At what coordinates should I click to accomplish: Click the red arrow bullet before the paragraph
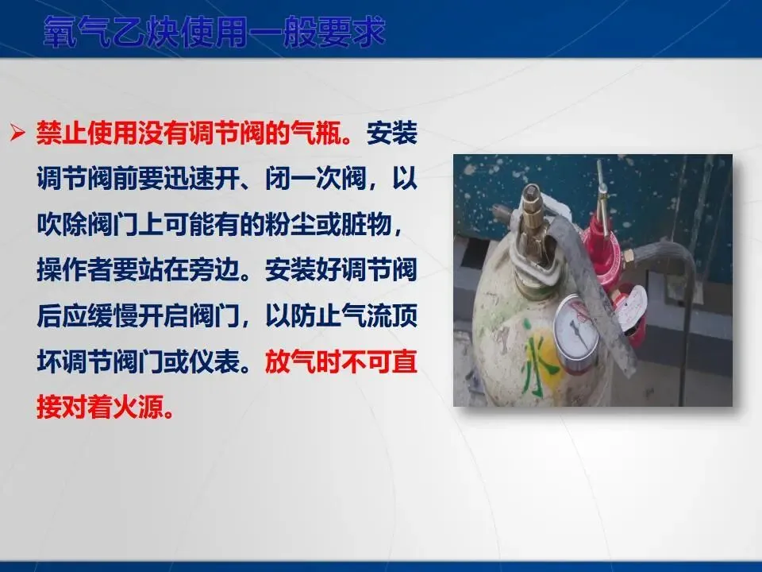tap(18, 133)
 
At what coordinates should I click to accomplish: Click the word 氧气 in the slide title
tap(78, 32)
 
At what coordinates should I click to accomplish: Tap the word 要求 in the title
tap(352, 32)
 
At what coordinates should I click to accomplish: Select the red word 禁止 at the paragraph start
tap(61, 133)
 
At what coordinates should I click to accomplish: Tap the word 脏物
tap(367, 225)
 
